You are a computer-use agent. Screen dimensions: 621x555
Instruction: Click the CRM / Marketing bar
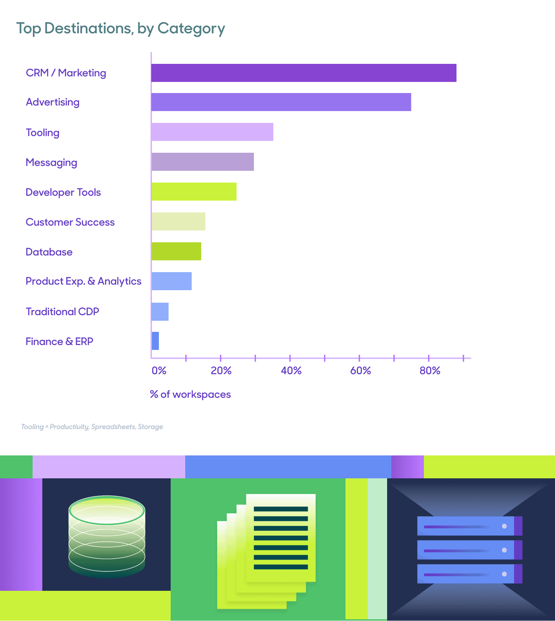click(x=304, y=73)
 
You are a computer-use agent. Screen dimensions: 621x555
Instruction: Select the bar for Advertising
click(x=281, y=102)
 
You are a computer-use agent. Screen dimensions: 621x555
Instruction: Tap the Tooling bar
click(x=212, y=132)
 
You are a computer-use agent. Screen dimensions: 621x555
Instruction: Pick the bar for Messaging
click(x=203, y=162)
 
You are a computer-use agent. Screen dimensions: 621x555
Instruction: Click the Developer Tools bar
click(x=194, y=192)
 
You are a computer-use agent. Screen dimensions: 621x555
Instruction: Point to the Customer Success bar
click(x=178, y=221)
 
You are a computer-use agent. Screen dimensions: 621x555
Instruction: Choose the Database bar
click(x=176, y=251)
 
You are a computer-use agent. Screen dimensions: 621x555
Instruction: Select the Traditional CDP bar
click(x=160, y=312)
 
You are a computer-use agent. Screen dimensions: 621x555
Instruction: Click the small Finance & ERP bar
click(x=155, y=341)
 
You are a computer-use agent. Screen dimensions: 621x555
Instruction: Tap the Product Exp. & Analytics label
click(x=84, y=281)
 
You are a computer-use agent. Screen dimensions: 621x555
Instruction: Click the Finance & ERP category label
click(x=59, y=342)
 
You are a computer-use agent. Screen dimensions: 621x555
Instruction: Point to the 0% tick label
click(x=159, y=371)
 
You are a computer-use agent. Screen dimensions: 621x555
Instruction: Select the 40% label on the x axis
click(x=291, y=371)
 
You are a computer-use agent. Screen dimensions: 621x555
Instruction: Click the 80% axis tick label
click(x=430, y=371)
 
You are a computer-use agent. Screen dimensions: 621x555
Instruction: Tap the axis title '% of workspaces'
click(x=190, y=394)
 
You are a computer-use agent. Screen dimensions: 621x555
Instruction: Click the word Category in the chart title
click(x=191, y=28)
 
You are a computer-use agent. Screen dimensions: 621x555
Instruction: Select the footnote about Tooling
click(x=92, y=427)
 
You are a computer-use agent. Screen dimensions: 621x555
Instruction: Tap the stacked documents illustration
click(x=266, y=550)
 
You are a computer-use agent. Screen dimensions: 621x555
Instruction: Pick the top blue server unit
click(x=469, y=526)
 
